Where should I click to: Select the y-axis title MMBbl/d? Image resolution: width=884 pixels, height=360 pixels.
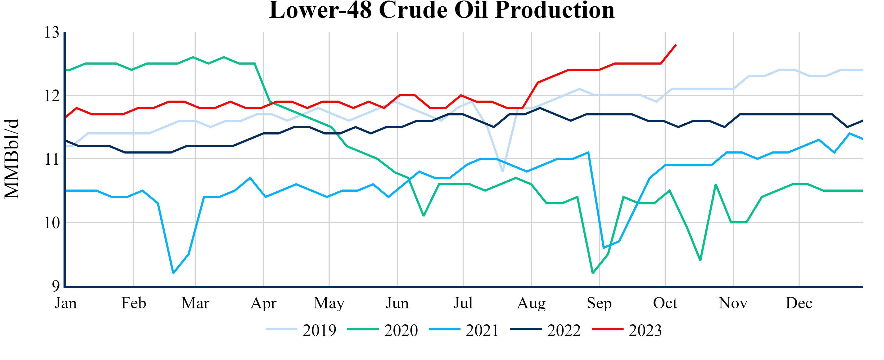click(12, 159)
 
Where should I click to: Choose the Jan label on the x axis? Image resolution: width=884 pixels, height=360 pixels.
click(66, 303)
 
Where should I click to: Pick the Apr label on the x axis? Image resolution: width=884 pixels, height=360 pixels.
click(263, 303)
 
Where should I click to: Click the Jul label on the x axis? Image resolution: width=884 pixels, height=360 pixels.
click(463, 303)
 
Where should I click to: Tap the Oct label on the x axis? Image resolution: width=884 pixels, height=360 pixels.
click(665, 303)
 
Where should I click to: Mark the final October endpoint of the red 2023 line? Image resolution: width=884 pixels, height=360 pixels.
click(676, 45)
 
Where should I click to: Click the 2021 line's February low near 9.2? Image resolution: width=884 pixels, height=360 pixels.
click(173, 273)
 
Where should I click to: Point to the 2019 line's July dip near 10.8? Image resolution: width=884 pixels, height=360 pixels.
click(502, 171)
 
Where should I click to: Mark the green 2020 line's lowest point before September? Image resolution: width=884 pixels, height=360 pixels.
click(593, 273)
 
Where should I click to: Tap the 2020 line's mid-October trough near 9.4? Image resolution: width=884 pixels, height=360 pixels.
click(700, 260)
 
